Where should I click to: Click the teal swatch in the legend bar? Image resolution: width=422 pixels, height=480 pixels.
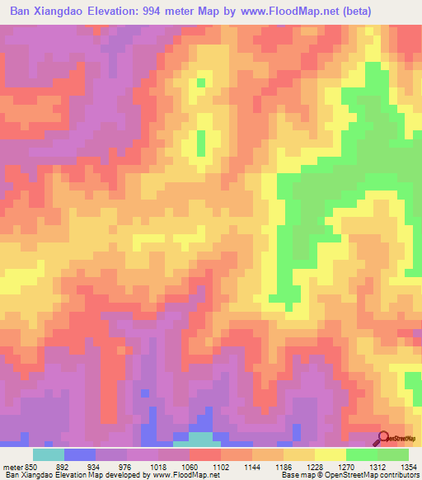(48, 454)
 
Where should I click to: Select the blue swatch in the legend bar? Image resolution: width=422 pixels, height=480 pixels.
(79, 454)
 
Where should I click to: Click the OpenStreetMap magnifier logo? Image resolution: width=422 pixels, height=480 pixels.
(382, 438)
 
